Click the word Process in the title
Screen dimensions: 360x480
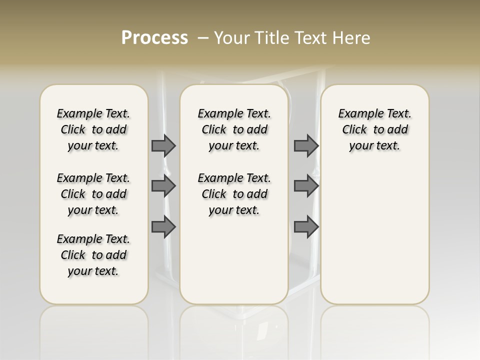tap(154, 37)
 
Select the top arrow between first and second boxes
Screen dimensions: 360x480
tap(163, 145)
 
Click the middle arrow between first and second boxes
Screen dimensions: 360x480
tap(163, 186)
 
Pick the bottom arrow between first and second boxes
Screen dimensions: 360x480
tap(163, 227)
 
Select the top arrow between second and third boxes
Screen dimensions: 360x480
tap(306, 145)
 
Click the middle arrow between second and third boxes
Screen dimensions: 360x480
tap(306, 186)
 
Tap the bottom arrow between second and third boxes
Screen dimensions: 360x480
tap(306, 227)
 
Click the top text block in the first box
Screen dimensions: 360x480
tap(93, 129)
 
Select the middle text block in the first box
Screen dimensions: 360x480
tap(93, 194)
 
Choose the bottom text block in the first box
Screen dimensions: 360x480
tap(93, 255)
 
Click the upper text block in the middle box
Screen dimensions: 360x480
tap(234, 129)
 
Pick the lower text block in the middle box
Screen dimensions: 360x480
tap(234, 194)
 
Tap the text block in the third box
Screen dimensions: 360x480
tap(375, 129)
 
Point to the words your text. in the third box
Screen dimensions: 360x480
tap(375, 145)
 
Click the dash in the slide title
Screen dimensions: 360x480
tap(203, 37)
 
